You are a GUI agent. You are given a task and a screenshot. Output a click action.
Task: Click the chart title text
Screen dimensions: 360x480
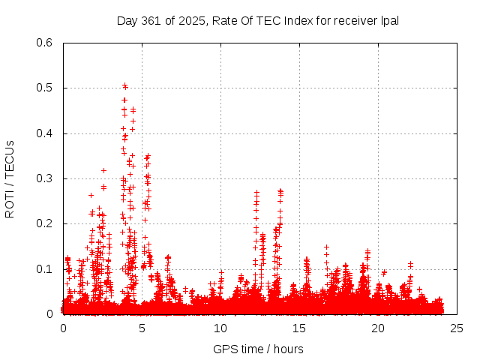coord(257,20)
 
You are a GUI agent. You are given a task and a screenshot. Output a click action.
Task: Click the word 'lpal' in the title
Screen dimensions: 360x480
coord(388,20)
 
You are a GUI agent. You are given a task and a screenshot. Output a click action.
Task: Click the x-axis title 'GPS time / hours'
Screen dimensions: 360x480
coord(257,349)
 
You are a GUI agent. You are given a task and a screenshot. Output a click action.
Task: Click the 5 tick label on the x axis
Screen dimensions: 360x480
coord(142,328)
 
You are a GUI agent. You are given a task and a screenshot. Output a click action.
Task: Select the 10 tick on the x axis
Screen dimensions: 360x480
coord(220,328)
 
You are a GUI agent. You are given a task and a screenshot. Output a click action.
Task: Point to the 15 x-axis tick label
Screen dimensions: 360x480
coord(299,328)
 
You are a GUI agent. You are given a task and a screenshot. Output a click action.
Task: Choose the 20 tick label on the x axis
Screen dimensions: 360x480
coord(378,328)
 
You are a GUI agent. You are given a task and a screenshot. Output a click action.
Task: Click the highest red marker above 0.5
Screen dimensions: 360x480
coord(124,85)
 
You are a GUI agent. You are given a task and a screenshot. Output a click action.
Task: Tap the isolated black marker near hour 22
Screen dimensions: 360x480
coord(410,263)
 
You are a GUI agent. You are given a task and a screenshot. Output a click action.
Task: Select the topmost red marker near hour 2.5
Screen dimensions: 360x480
coord(103,170)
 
